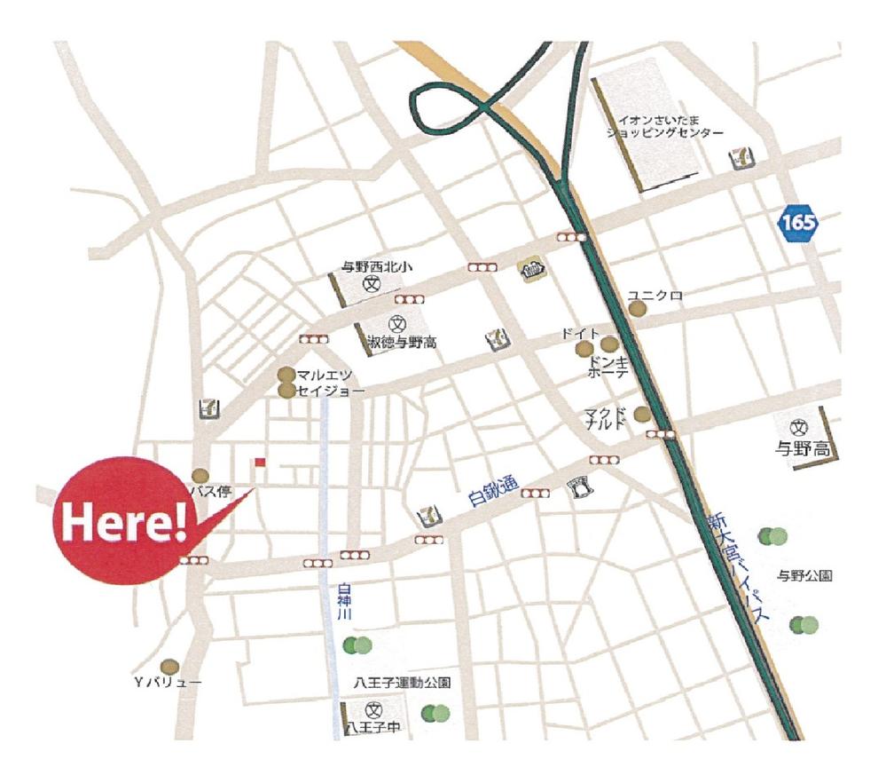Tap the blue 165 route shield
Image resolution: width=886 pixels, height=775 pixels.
point(799,220)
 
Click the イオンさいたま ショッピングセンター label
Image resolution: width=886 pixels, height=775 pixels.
point(664,125)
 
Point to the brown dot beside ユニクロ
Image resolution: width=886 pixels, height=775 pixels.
point(638,308)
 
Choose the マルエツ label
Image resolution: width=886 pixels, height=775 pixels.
point(324,376)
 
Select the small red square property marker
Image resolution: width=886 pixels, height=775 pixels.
point(260,462)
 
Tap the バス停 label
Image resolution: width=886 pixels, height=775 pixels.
point(208,491)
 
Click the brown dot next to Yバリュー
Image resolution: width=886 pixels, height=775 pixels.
point(169,666)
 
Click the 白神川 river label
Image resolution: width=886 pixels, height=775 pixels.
point(345,603)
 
